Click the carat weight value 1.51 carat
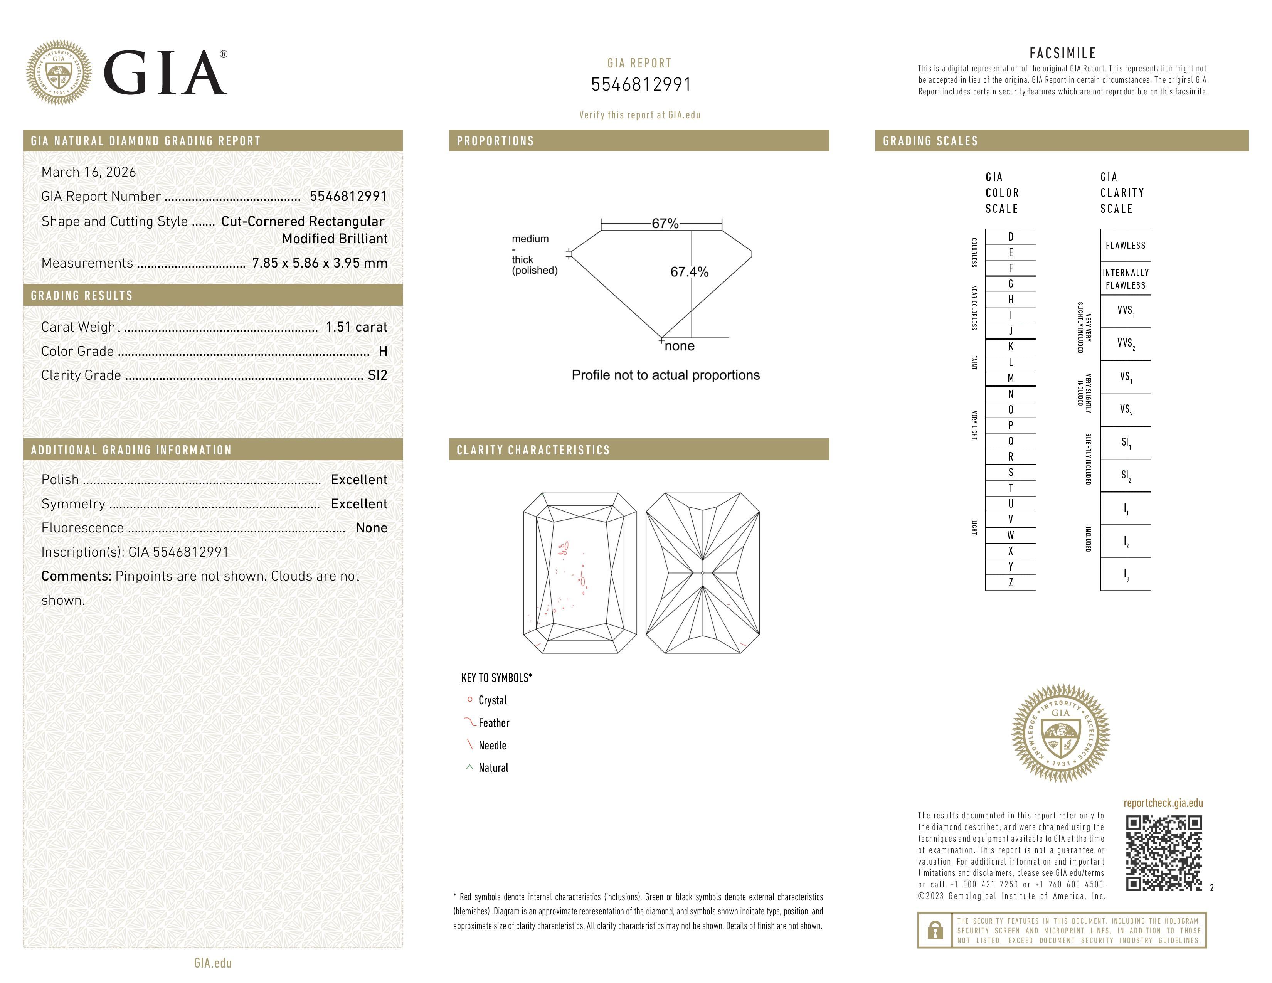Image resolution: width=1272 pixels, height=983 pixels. point(356,327)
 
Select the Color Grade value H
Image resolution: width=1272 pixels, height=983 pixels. point(383,351)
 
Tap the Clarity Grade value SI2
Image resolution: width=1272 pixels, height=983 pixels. point(377,375)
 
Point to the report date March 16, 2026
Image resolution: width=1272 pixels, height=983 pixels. point(89,172)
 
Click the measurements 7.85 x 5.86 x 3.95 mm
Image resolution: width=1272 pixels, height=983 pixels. point(319,263)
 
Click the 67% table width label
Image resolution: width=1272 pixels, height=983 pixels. point(665,224)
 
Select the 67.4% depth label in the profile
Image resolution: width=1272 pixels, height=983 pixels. point(689,272)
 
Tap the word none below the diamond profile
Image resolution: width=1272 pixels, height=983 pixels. point(679,347)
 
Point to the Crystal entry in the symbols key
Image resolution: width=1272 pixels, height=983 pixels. point(492,700)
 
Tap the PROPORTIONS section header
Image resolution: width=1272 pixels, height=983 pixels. point(495,141)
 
